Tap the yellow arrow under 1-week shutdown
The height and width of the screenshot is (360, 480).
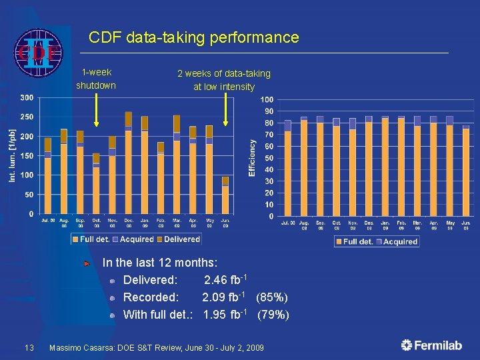pyautogui.click(x=96, y=109)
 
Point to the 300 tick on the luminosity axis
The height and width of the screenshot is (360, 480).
pyautogui.click(x=27, y=97)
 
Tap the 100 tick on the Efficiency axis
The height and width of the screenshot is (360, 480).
pyautogui.click(x=267, y=99)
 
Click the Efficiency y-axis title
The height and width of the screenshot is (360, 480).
pyautogui.click(x=252, y=158)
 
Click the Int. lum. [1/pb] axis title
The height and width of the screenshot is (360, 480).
pyautogui.click(x=12, y=155)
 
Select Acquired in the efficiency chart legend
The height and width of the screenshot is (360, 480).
pyautogui.click(x=400, y=242)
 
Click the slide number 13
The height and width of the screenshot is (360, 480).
pyautogui.click(x=29, y=347)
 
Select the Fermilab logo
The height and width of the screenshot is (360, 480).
pyautogui.click(x=431, y=345)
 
